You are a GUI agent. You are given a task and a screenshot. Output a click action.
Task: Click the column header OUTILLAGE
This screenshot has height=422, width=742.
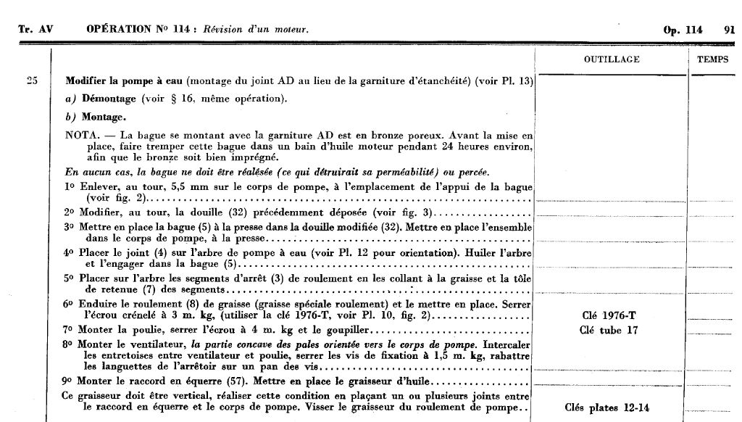tap(612, 59)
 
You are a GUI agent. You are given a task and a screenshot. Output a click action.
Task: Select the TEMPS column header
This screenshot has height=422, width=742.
tap(713, 59)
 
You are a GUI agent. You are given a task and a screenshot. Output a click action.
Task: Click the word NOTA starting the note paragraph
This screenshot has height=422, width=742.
tap(80, 135)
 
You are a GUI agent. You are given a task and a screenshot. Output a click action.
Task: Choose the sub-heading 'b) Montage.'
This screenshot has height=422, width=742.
tap(96, 117)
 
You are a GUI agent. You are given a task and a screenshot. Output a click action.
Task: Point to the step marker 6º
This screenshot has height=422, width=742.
tap(70, 303)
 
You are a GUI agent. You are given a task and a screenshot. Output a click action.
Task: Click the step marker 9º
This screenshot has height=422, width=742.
tap(70, 381)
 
